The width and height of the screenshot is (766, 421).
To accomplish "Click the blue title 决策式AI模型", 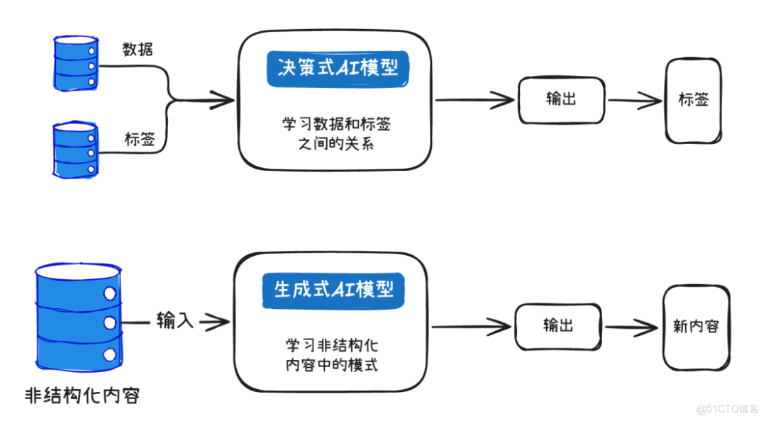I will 338,69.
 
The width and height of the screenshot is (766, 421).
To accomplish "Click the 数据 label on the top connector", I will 138,49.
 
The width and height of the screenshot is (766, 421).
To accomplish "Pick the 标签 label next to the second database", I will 139,140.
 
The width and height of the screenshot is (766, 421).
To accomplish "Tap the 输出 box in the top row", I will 561,99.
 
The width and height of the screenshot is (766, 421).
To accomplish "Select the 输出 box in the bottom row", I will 558,326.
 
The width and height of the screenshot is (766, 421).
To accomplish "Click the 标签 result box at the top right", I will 693,100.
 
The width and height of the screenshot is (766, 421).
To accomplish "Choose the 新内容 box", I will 695,327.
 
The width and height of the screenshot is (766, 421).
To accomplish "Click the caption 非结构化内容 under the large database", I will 82,395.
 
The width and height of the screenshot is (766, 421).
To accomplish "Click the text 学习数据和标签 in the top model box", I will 336,125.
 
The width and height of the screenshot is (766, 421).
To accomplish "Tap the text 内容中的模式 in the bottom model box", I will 331,366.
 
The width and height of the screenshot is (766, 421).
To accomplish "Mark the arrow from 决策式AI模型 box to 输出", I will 474,100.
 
